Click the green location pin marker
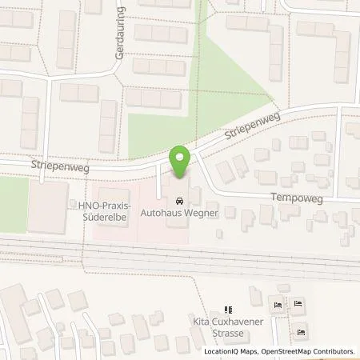click(181, 162)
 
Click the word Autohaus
click(160, 214)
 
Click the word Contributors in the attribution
click(331, 351)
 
